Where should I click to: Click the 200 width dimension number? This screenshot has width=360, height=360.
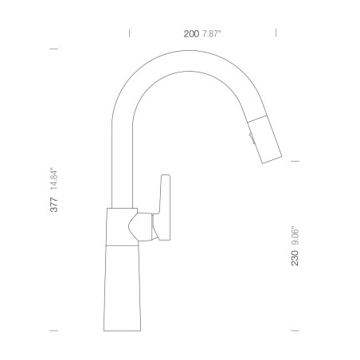pyautogui.click(x=191, y=33)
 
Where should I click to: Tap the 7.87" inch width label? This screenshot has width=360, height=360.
pyautogui.click(x=212, y=33)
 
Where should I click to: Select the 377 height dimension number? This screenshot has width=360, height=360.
pyautogui.click(x=54, y=205)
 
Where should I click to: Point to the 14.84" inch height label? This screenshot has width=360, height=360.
pyautogui.click(x=54, y=178)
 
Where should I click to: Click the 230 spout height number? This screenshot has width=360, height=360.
pyautogui.click(x=295, y=258)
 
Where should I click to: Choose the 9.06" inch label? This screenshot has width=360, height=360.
pyautogui.click(x=295, y=236)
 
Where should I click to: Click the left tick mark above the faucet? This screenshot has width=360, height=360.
pyautogui.click(x=129, y=33)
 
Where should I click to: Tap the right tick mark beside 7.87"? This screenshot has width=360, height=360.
pyautogui.click(x=276, y=33)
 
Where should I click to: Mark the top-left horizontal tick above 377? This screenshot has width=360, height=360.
pyautogui.click(x=54, y=49)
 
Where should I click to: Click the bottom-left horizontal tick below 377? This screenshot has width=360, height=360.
pyautogui.click(x=54, y=331)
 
